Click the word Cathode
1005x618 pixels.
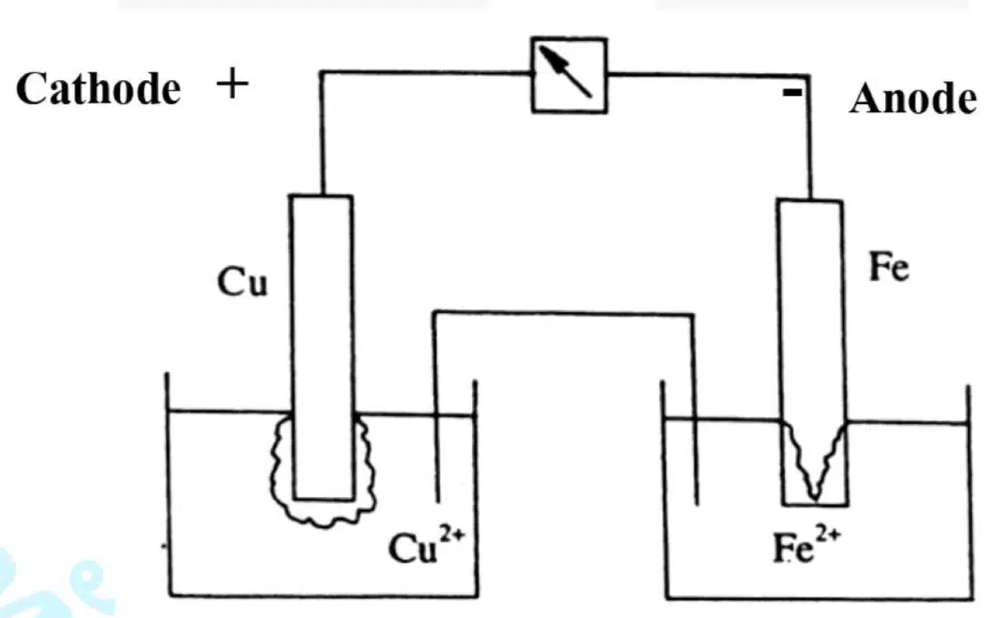(98, 88)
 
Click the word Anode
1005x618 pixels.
(913, 99)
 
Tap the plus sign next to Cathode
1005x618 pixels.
(232, 84)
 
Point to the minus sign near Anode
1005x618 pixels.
(793, 92)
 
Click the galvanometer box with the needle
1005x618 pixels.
(570, 75)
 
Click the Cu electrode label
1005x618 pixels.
(243, 282)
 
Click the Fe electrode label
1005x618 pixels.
(889, 267)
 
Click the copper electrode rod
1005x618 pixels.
(323, 347)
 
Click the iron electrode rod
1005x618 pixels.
(811, 353)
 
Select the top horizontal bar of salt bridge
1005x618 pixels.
(563, 314)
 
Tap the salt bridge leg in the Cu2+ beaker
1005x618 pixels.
(436, 407)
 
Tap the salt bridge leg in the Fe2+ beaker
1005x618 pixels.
(695, 410)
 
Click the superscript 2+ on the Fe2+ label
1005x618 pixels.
(827, 534)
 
